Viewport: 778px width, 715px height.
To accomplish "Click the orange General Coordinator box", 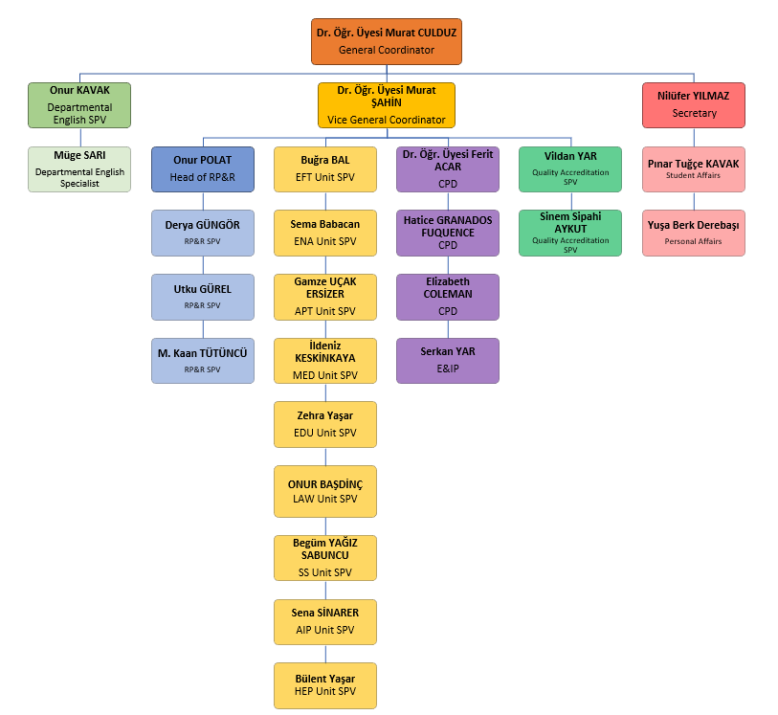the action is coord(386,42).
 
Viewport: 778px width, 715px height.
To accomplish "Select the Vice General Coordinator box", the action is coord(386,105).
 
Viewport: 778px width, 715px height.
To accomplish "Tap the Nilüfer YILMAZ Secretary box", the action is coord(693,105).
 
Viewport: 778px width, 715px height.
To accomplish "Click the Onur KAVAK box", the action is coord(79,105).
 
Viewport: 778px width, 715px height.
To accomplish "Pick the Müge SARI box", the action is coord(79,169).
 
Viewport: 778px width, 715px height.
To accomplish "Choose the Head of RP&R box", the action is coord(203,169).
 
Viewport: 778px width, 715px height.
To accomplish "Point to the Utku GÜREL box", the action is coord(203,298).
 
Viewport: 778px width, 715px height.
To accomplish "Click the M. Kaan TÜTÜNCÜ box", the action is coord(203,361).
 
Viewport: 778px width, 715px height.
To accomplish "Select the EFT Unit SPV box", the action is coord(325,169).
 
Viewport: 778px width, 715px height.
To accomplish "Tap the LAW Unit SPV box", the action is coord(325,491).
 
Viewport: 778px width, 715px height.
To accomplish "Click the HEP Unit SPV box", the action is coord(325,685).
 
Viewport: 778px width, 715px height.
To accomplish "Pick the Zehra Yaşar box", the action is coord(325,424).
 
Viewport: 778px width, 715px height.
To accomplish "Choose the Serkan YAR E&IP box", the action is coord(448,361).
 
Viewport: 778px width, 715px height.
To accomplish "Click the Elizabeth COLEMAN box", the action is coord(448,298).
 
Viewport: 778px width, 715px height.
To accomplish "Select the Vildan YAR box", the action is coord(570,169).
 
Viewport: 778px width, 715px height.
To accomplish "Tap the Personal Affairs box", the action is coord(693,234).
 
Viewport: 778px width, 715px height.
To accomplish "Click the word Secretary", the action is coord(694,113).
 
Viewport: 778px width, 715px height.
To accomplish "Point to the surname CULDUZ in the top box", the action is coord(436,33).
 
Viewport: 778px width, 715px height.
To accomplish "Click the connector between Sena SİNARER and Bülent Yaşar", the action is coord(325,654).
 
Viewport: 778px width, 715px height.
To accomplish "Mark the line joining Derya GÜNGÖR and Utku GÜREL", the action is coord(203,265).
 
